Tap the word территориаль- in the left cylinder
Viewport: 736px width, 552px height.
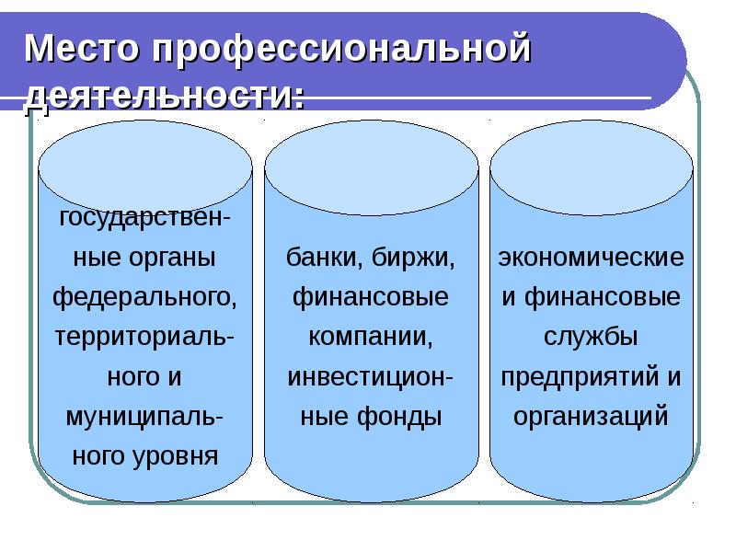click(145, 337)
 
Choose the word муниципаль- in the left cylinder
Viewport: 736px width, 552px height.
click(145, 416)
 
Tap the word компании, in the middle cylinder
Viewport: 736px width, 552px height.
click(371, 337)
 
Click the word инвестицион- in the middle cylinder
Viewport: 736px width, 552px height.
click(371, 376)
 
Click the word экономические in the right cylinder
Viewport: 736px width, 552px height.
click(592, 259)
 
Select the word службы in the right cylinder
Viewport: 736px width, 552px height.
click(592, 337)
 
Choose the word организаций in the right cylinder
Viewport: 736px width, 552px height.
click(592, 416)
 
